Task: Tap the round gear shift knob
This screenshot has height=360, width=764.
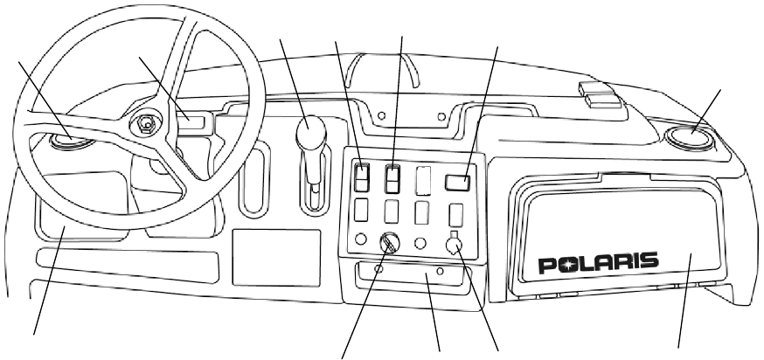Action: point(309,135)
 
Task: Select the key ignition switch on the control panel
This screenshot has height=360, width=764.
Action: point(388,243)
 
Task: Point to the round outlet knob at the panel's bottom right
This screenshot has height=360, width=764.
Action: point(455,247)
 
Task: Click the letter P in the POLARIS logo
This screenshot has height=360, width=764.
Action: point(547,265)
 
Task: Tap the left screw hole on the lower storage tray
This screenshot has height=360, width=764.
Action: point(377,270)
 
